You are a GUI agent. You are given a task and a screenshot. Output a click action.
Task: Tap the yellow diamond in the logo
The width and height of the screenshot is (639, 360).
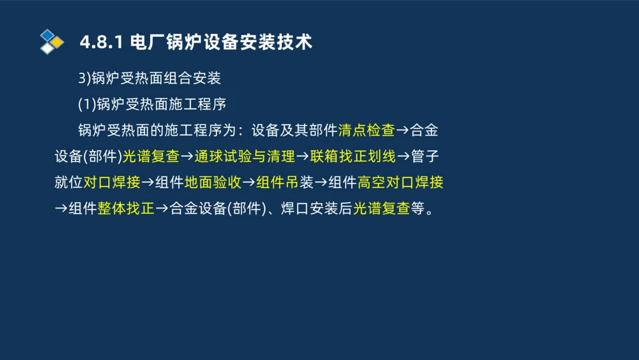58,42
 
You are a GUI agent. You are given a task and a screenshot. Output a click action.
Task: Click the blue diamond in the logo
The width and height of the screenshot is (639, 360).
47,35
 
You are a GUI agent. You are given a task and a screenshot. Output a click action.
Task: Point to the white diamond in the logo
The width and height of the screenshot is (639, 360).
47,48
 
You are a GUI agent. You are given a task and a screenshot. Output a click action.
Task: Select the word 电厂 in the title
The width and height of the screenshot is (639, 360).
146,43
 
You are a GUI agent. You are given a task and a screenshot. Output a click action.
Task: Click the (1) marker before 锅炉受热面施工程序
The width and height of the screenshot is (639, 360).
87,104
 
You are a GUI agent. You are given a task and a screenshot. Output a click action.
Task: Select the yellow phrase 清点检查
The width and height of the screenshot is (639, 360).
366,130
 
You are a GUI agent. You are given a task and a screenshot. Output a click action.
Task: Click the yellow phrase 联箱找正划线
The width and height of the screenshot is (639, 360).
353,157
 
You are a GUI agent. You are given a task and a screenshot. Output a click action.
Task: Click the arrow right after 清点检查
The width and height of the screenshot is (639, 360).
403,130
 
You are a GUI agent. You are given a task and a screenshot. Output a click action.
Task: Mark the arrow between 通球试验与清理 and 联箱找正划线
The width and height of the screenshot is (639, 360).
302,157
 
